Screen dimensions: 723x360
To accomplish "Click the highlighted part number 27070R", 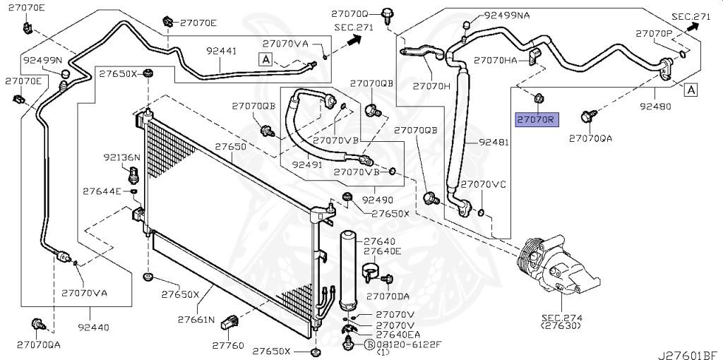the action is pos(537,121).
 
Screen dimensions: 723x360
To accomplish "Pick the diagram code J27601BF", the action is pos(688,355).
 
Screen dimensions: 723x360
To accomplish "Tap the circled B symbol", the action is pos(370,344).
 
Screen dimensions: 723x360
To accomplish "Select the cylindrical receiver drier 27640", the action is pos(349,270).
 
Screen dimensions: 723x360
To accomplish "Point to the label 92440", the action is pos(94,328).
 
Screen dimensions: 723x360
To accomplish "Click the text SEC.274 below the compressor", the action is pos(562,318).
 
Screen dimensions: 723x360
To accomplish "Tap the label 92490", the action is pos(378,200).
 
